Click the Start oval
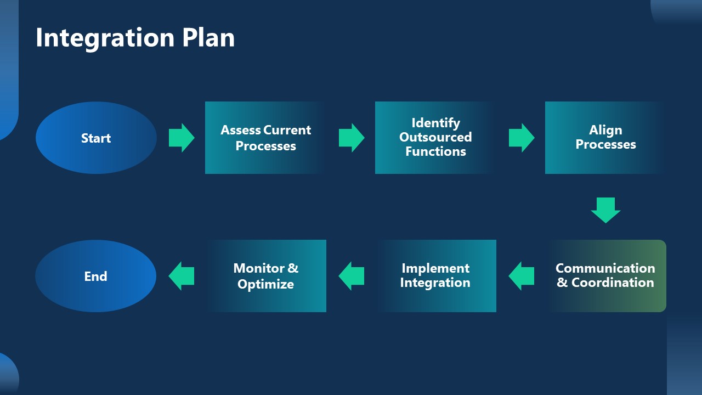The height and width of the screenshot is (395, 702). click(x=96, y=138)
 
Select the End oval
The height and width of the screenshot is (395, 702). click(x=96, y=276)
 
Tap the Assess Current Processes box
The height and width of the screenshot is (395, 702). click(x=265, y=138)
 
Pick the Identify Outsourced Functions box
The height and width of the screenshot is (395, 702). click(x=435, y=138)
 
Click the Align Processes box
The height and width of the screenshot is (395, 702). click(x=605, y=138)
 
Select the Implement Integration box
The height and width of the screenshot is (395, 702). click(x=435, y=276)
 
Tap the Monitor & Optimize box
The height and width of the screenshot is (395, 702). click(x=265, y=276)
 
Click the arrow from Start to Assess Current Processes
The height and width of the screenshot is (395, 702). click(x=181, y=138)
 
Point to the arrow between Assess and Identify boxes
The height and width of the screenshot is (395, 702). click(x=351, y=138)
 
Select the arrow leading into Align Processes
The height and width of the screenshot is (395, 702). click(x=521, y=138)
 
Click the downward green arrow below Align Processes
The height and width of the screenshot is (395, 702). click(x=605, y=210)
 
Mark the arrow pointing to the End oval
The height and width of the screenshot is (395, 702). click(x=181, y=276)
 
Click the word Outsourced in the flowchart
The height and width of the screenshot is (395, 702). click(x=435, y=137)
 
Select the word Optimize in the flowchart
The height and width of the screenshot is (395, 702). click(x=265, y=284)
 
